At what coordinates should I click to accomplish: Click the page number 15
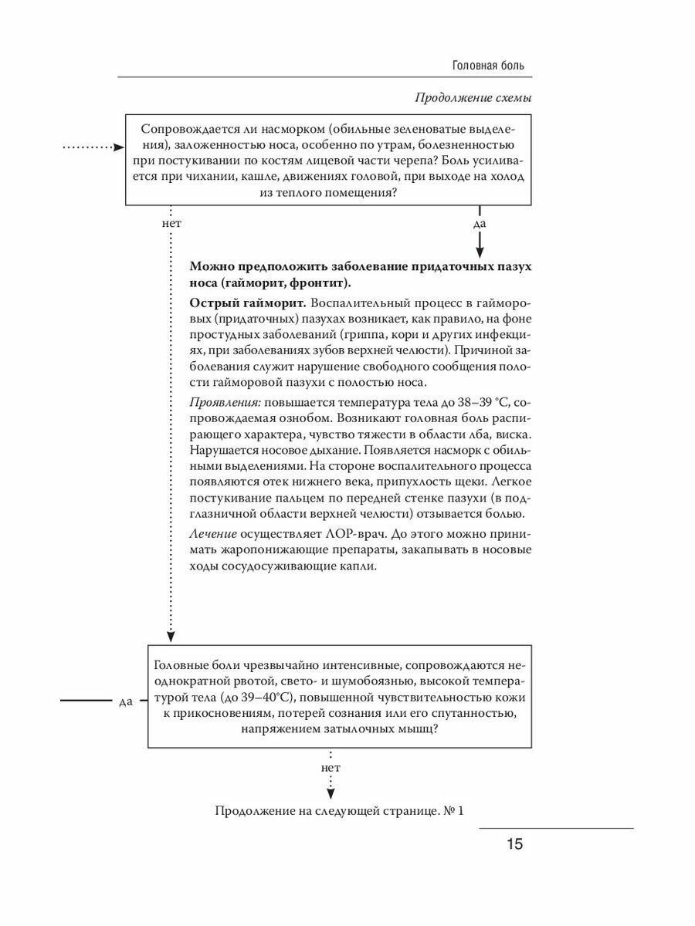pyautogui.click(x=515, y=843)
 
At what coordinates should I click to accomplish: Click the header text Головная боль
pyautogui.click(x=488, y=66)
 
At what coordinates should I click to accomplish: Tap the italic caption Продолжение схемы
pyautogui.click(x=473, y=98)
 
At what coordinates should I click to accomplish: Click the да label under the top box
pyautogui.click(x=479, y=224)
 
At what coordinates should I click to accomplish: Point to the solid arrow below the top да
pyautogui.click(x=479, y=245)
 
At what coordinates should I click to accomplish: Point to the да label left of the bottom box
pyautogui.click(x=127, y=701)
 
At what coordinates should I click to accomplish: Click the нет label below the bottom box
pyautogui.click(x=330, y=769)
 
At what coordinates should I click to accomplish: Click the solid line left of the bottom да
pyautogui.click(x=86, y=701)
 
